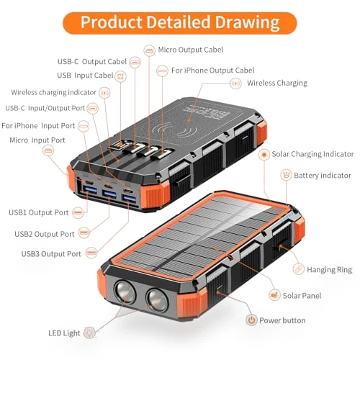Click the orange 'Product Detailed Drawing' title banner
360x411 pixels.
tap(180, 23)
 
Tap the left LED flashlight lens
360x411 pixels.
tap(125, 292)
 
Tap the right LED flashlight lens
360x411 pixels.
tap(157, 300)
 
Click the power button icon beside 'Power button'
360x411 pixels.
tap(251, 320)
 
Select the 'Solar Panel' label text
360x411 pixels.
tap(302, 296)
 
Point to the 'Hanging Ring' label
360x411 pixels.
tap(329, 270)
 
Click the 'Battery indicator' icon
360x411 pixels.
tap(286, 175)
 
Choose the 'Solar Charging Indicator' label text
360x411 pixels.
tap(312, 154)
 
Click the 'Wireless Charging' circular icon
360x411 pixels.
tap(235, 83)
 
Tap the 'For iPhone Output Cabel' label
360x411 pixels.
tap(212, 71)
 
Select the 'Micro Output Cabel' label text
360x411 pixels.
tap(190, 50)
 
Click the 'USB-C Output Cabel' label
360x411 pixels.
tap(92, 62)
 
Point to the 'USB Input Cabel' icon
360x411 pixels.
tap(120, 76)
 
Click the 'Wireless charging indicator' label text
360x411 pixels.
tap(53, 92)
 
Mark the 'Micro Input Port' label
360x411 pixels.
tap(37, 140)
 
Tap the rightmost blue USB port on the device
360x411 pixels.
tap(129, 199)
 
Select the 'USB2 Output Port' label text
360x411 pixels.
tap(45, 234)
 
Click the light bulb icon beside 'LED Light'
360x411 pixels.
tap(89, 333)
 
